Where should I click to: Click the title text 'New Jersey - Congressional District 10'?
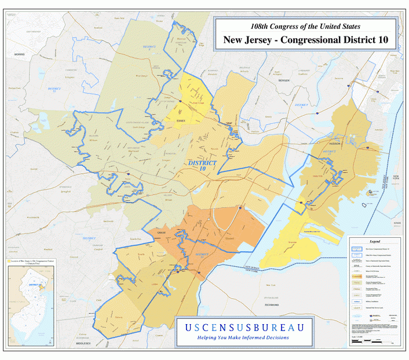click(305, 41)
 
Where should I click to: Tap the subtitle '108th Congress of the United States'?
click(305, 27)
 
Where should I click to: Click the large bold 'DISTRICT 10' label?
click(202, 166)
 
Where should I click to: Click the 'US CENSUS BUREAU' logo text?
click(244, 328)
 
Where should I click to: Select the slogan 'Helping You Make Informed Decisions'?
click(243, 338)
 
